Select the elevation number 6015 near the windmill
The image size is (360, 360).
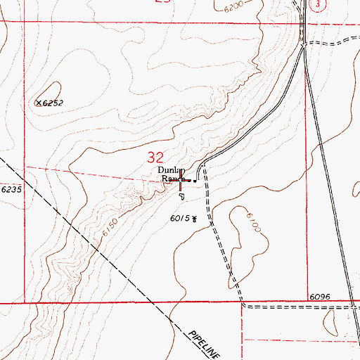(x=180, y=219)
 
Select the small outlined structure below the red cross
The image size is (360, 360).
(x=181, y=195)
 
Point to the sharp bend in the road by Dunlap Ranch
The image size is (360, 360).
(x=204, y=167)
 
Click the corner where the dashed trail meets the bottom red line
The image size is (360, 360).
(x=243, y=304)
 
